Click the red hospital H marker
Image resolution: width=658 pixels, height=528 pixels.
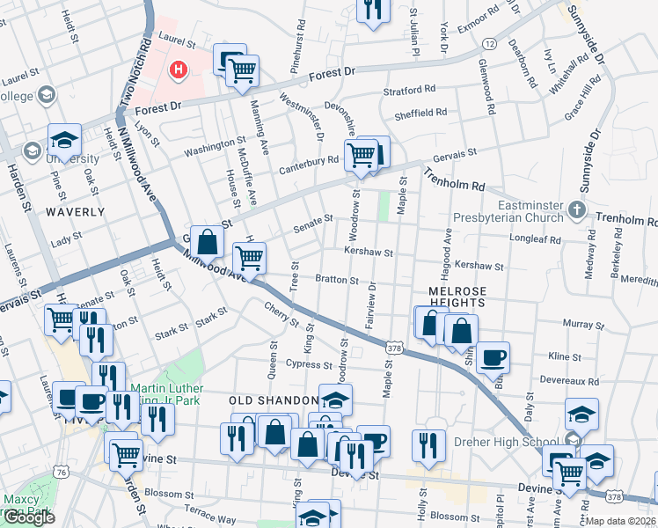coord(179,69)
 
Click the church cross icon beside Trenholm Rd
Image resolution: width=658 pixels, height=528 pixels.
coord(576,209)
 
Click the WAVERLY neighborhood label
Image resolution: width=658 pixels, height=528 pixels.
coord(75,212)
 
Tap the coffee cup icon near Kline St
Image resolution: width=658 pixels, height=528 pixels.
coord(493,357)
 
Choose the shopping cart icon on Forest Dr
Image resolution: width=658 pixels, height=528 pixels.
coord(243,70)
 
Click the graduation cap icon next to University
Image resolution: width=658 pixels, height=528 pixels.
coord(64,140)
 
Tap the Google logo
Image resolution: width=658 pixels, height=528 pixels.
coord(29,517)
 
